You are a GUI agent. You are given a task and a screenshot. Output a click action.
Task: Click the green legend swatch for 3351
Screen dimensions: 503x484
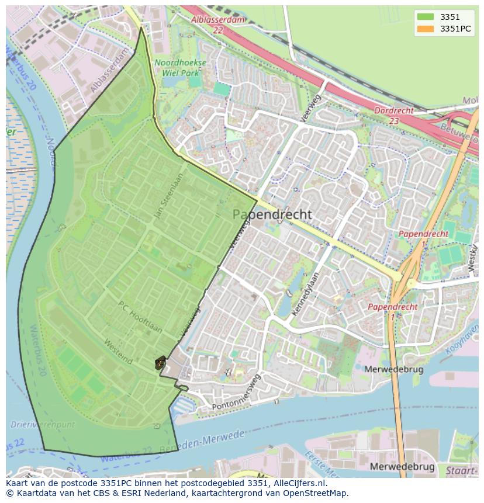[x=425, y=17]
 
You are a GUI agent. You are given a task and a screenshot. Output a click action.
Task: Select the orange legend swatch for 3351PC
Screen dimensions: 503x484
[x=425, y=29]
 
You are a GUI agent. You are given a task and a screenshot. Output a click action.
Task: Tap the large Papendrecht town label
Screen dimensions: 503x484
[x=272, y=215]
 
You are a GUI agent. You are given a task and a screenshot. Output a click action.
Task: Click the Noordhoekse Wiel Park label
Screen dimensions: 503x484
[x=180, y=67]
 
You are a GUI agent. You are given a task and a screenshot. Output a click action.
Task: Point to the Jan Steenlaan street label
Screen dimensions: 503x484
[x=168, y=196]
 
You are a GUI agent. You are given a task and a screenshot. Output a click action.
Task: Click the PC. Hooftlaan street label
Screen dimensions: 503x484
[x=140, y=317]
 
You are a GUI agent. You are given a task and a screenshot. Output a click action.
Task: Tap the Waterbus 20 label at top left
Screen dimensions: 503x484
[x=20, y=70]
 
